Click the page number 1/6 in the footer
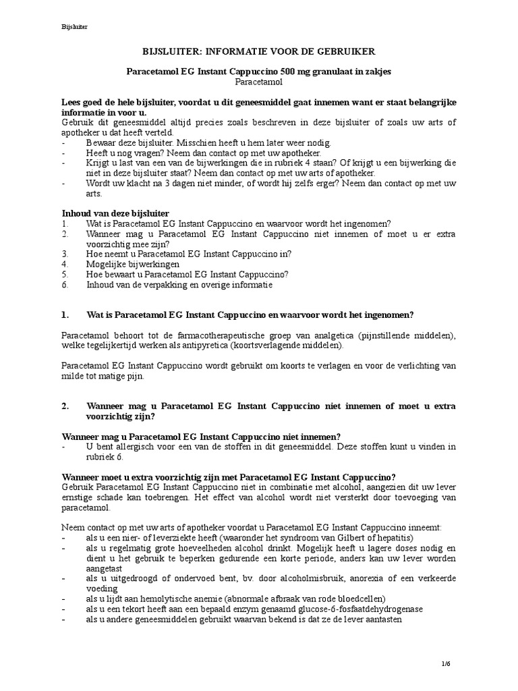445,664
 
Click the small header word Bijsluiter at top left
74,27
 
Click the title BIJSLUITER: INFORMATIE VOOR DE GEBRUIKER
259,51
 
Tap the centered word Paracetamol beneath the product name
259,81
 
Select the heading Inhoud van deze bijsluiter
115,213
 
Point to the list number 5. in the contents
65,275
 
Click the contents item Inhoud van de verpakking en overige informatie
179,285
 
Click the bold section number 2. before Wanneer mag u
66,406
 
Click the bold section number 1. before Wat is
66,315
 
